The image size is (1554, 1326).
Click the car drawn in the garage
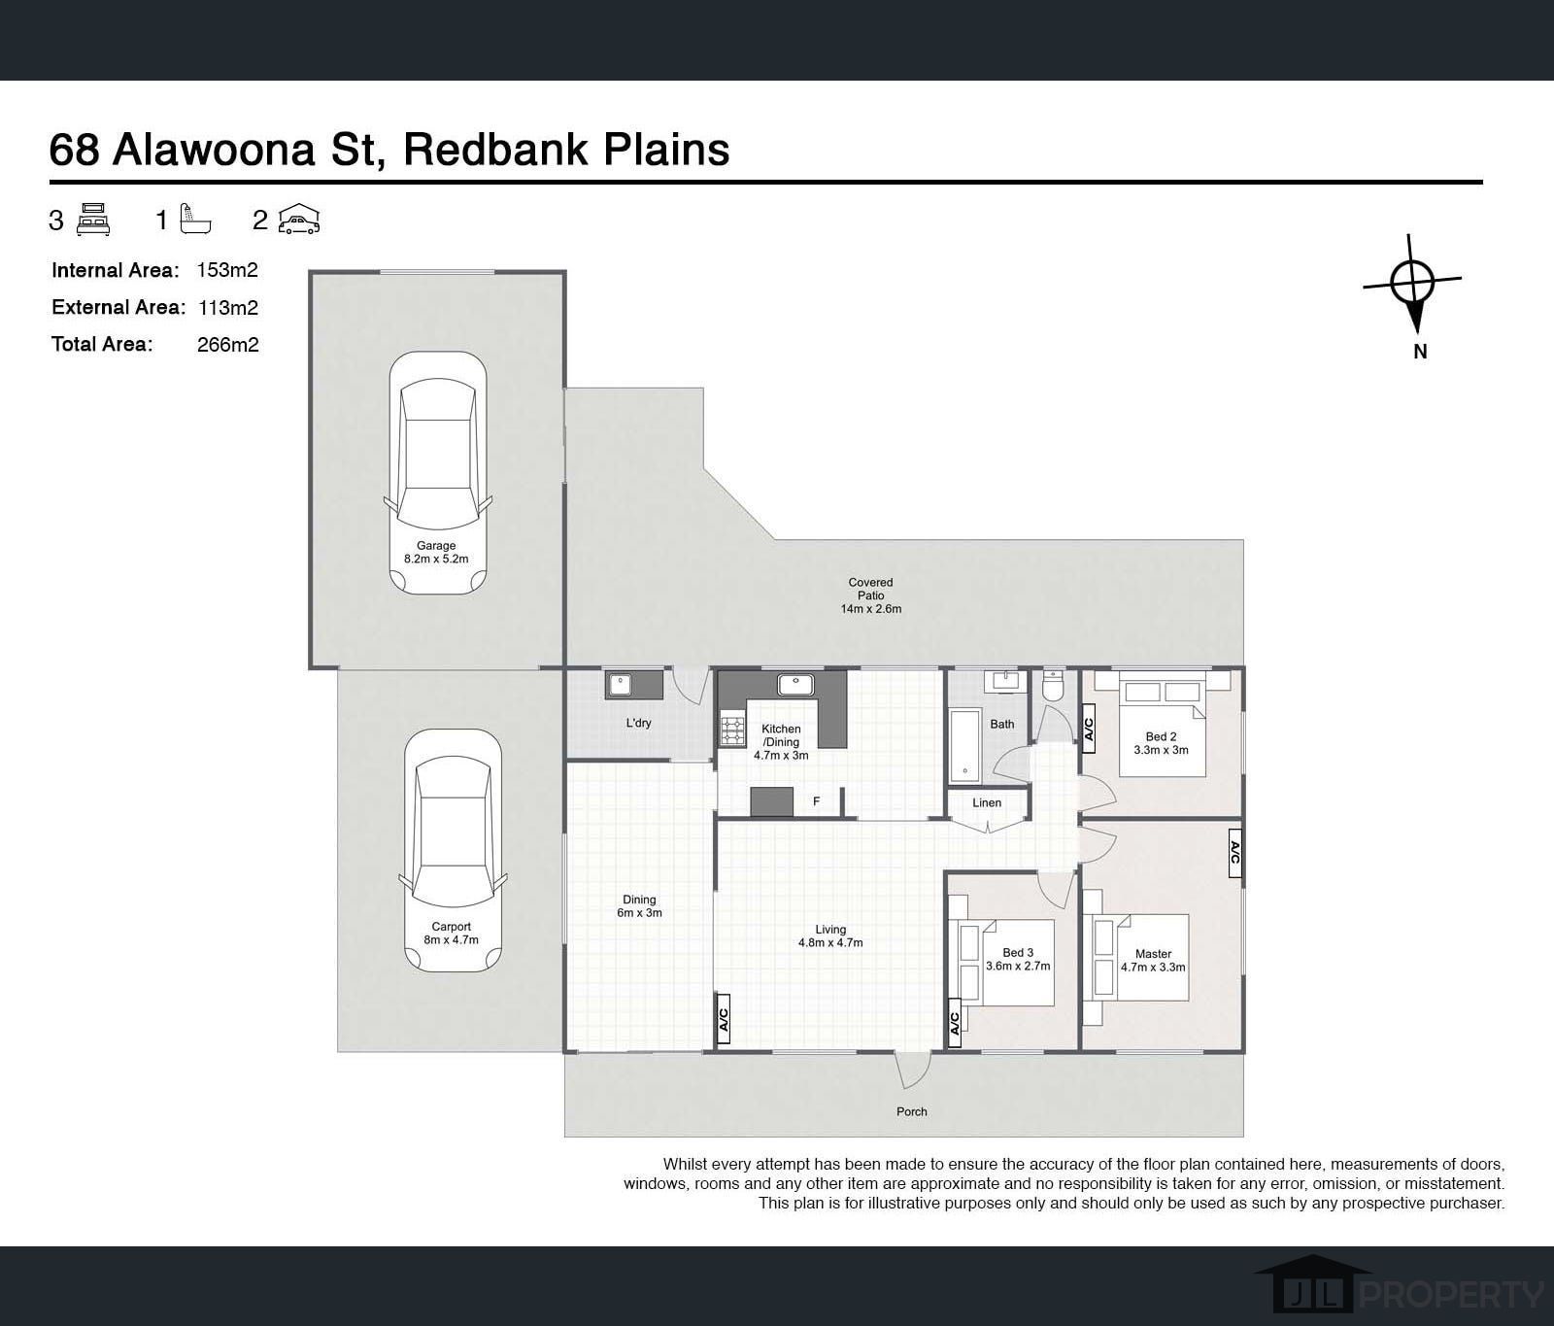437,473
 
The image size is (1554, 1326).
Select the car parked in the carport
453,851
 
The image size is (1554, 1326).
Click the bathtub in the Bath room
965,745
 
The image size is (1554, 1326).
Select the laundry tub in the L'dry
620,686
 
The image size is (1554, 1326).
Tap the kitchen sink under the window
795,684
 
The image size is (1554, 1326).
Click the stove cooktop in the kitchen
731,731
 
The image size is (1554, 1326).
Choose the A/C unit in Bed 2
1089,730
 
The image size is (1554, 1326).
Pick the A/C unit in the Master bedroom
1235,853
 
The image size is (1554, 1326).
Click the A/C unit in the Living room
724,1020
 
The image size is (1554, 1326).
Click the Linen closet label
987,802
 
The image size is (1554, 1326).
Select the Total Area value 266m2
227,344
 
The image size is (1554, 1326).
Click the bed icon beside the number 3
93,220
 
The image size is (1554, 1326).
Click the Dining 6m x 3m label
639,906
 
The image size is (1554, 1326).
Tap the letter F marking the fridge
817,801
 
